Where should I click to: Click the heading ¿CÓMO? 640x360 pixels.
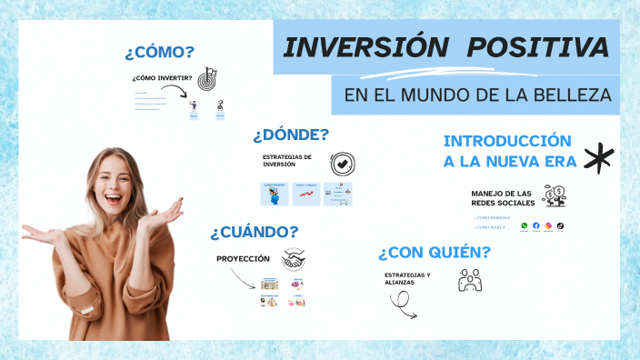pos(160,52)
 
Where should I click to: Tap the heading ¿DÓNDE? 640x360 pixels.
pos(291,135)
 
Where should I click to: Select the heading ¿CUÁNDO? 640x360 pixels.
pos(254,231)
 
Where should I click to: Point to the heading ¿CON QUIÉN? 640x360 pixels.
pos(435,252)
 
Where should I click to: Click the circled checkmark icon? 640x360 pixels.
pos(342,164)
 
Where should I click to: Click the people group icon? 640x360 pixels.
pos(470,281)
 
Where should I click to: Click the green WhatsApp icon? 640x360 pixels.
pos(525,225)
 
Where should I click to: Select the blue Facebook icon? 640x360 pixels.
pos(536,225)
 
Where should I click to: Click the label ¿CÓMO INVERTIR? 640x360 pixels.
pos(162,78)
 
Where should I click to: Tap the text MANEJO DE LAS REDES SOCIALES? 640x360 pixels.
pos(501,199)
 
